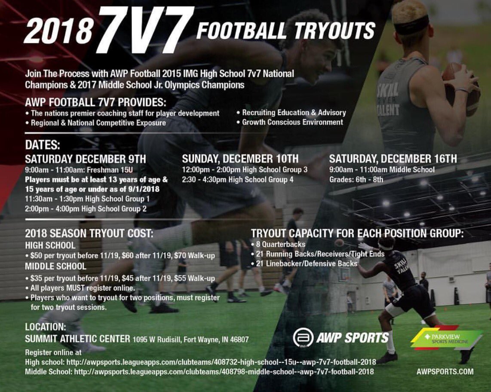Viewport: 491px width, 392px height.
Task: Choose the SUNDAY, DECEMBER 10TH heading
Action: (x=240, y=159)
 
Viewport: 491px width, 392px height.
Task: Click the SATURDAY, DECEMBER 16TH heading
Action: (x=393, y=159)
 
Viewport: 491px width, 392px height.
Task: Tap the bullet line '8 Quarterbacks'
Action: (x=280, y=244)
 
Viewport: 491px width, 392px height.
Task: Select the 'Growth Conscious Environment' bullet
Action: (x=292, y=122)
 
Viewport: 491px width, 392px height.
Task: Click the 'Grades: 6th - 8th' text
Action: (x=356, y=179)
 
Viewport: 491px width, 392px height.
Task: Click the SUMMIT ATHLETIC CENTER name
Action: (x=77, y=339)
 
